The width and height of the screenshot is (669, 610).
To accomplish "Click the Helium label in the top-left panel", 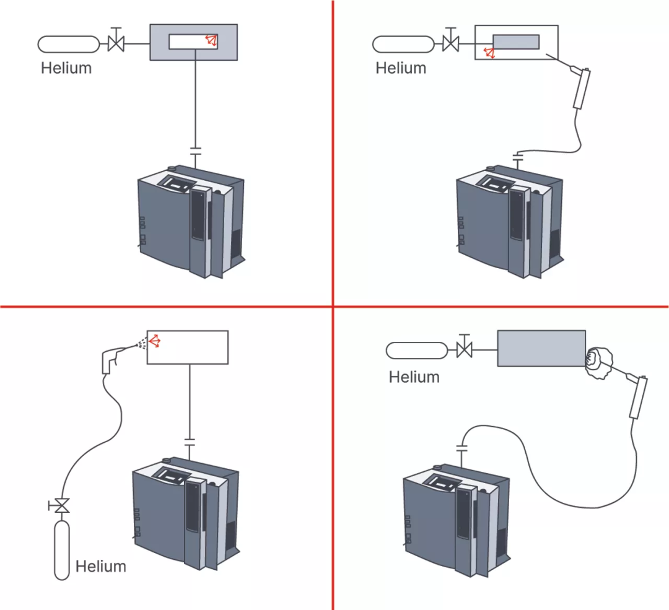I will pyautogui.click(x=66, y=68).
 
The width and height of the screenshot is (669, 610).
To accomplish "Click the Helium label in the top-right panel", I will pyautogui.click(x=401, y=68).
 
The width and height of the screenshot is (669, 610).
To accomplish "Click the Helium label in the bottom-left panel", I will pyautogui.click(x=100, y=566).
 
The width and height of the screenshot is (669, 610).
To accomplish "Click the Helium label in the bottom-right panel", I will pyautogui.click(x=414, y=377).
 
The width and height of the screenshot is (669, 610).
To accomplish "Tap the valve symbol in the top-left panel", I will pyautogui.click(x=116, y=43).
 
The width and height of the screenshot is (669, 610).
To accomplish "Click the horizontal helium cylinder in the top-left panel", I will pyautogui.click(x=68, y=44).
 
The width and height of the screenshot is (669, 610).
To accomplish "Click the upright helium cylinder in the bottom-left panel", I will pyautogui.click(x=61, y=550).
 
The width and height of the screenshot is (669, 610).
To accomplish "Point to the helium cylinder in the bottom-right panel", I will pyautogui.click(x=416, y=350).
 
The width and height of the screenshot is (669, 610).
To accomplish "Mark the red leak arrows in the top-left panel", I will pyautogui.click(x=212, y=41).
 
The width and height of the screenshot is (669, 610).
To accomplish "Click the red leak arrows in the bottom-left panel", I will pyautogui.click(x=155, y=341).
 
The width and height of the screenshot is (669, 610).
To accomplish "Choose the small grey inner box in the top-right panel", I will pyautogui.click(x=515, y=41).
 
